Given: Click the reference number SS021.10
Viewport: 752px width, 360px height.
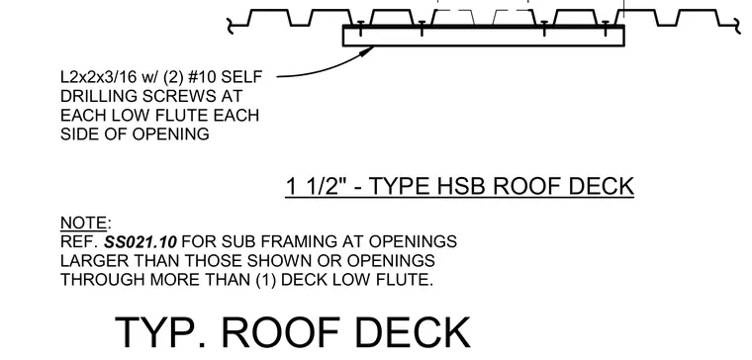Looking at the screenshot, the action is coord(141,241).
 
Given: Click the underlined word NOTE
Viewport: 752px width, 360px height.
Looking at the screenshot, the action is coord(83,223).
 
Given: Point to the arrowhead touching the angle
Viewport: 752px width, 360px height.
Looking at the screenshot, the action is coord(368,49).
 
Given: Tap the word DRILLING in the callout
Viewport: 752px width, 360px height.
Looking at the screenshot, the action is coord(98,96).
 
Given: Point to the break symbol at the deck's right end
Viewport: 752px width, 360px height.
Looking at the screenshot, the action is coord(736,27).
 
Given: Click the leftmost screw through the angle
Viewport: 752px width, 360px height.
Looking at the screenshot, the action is coord(360,29).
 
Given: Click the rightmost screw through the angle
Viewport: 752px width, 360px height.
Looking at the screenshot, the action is coord(606,29).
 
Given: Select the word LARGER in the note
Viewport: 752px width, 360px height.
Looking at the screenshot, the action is coord(88,260).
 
